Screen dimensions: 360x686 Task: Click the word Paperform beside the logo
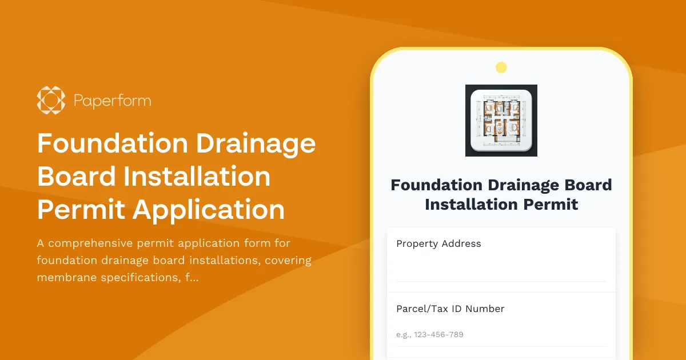click(x=112, y=101)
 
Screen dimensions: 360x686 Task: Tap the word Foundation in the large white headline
click(x=113, y=143)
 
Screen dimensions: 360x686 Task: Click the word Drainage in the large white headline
click(x=256, y=143)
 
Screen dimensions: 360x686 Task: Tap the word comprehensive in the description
click(x=92, y=243)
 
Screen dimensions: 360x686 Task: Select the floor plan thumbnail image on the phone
click(x=501, y=121)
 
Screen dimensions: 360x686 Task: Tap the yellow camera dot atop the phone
click(x=501, y=68)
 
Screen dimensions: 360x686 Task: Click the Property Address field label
click(x=438, y=243)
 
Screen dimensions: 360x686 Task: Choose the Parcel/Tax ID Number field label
click(x=450, y=309)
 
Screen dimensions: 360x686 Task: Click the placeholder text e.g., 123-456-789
click(x=429, y=334)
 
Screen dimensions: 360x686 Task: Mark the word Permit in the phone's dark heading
click(x=550, y=204)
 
